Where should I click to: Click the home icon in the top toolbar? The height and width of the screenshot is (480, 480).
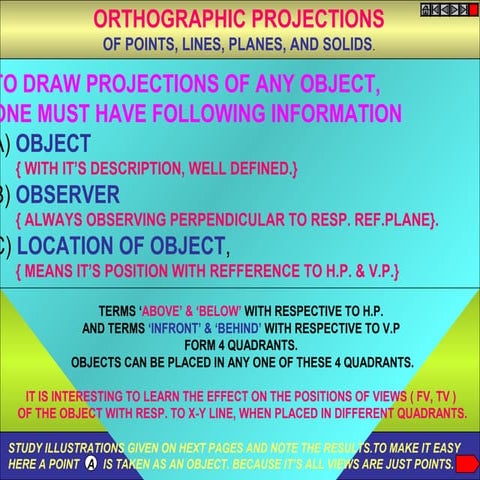(x=425, y=10)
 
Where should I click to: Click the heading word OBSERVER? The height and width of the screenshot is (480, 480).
(x=68, y=194)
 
